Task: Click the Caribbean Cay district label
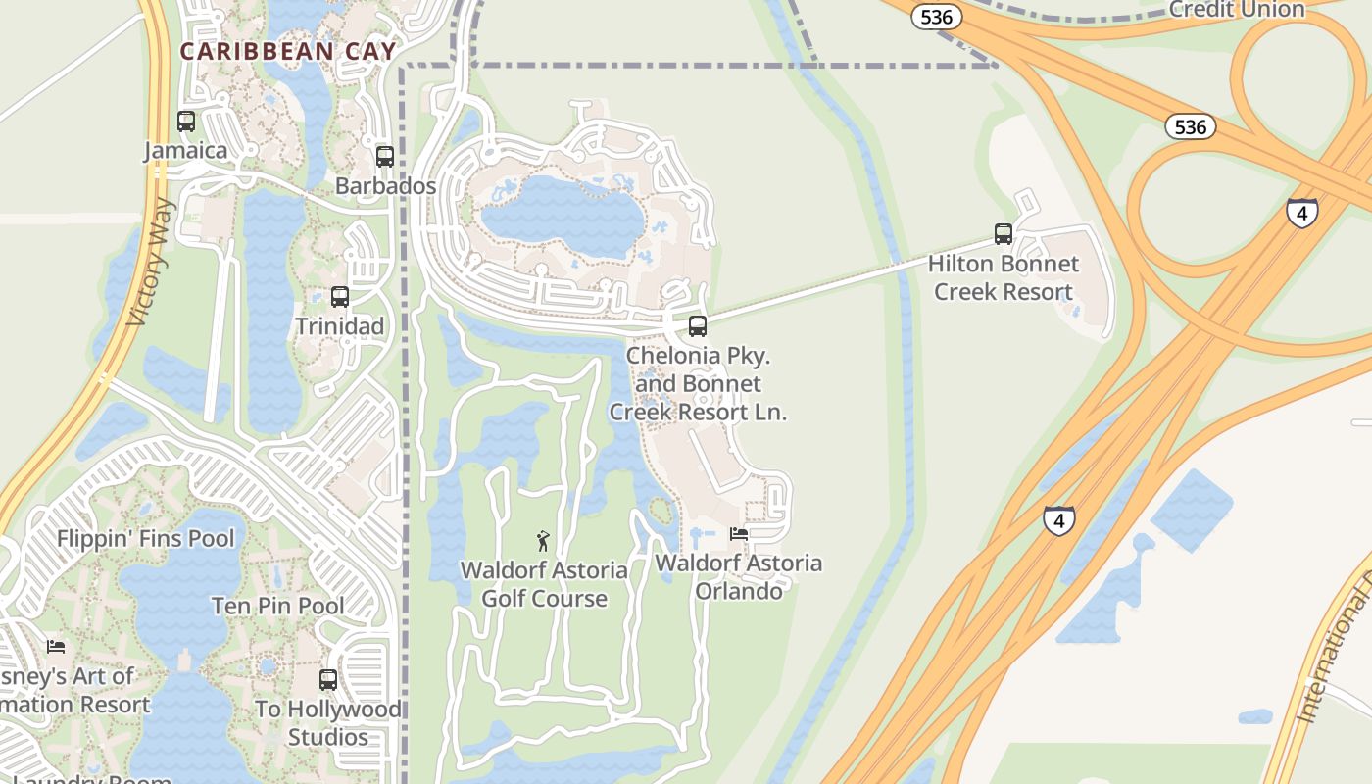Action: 288,52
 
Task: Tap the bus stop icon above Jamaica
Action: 186,122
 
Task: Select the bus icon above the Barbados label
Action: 385,157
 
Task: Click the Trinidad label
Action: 340,326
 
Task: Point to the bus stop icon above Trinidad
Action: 340,297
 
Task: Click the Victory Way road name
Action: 151,262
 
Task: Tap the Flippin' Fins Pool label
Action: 146,538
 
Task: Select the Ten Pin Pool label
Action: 278,606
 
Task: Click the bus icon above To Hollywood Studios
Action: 328,679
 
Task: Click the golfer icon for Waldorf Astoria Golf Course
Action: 543,540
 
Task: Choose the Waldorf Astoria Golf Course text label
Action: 545,584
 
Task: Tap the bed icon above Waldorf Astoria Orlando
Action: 739,534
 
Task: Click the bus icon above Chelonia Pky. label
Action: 698,326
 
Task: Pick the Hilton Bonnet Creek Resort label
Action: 1004,277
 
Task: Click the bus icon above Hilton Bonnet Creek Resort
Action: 1004,234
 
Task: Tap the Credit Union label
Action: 1237,10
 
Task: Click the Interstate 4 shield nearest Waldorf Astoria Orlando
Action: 1058,520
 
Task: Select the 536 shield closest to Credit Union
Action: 937,17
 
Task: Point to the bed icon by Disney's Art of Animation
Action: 56,647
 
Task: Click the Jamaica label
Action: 185,151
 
